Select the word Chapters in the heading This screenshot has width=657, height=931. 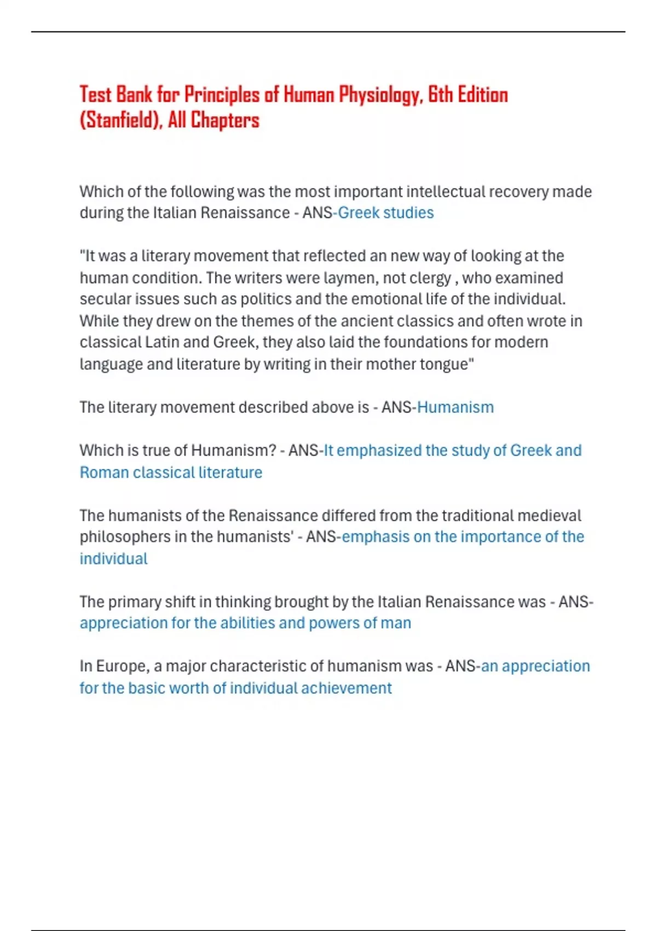[x=224, y=120]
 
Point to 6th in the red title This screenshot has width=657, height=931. [x=440, y=95]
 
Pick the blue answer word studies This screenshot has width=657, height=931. [x=408, y=212]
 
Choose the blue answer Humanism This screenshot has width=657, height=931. [x=455, y=407]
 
